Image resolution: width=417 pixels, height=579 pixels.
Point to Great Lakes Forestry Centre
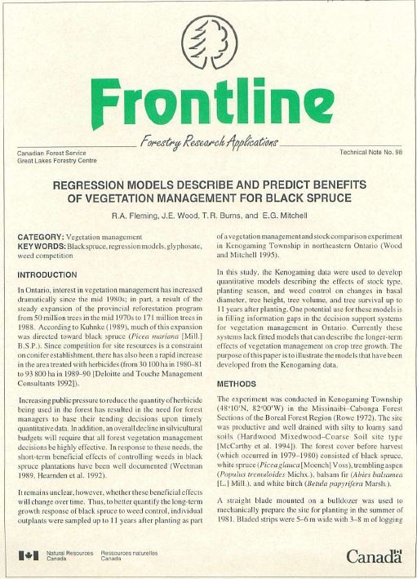coord(57,160)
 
